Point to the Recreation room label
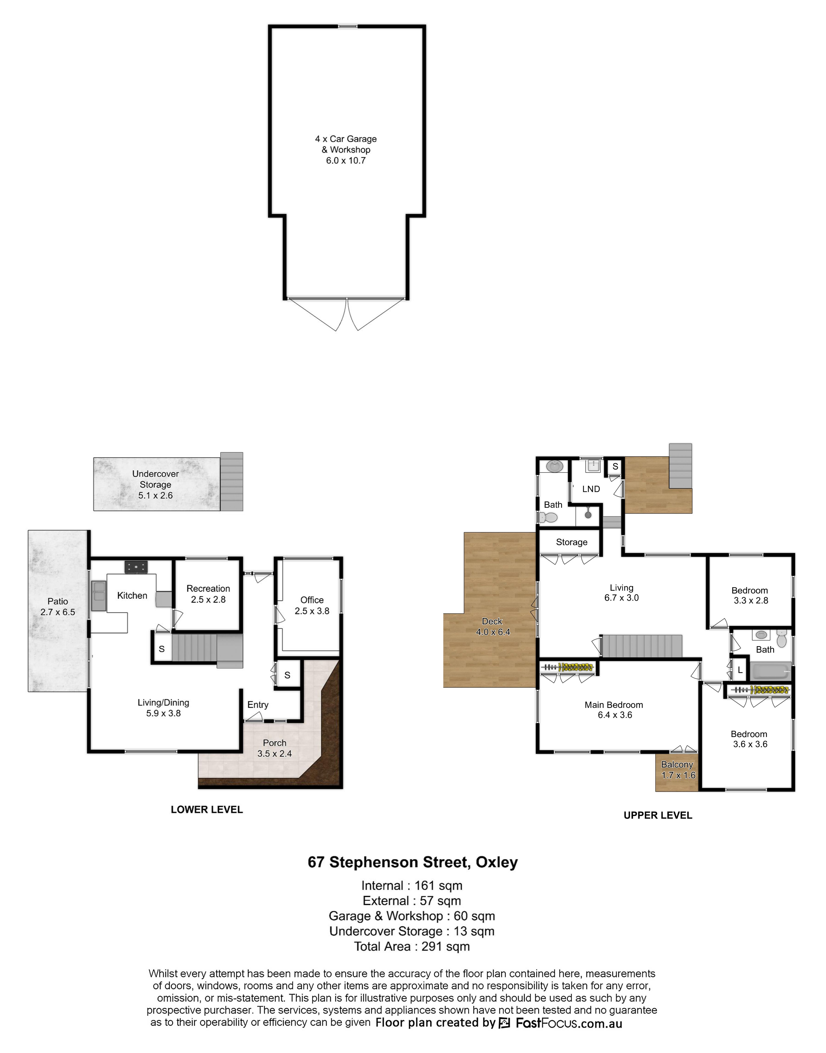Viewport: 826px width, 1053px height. (208, 594)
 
